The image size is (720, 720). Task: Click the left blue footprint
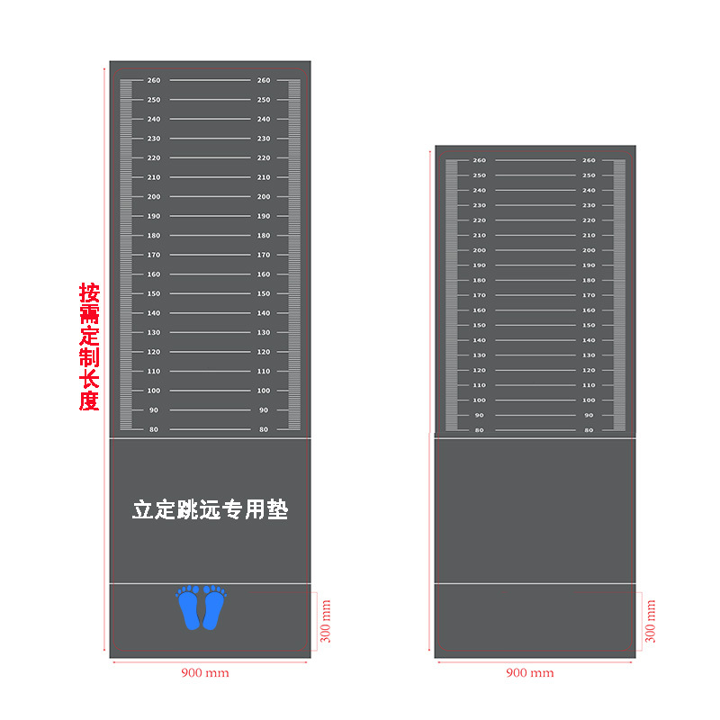(x=189, y=608)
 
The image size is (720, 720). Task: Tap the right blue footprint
(x=213, y=608)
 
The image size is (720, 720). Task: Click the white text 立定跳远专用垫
(x=211, y=509)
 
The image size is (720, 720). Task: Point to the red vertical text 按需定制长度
(x=88, y=346)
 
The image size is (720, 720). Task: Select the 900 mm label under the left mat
(x=205, y=672)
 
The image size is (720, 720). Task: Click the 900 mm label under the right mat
(x=529, y=672)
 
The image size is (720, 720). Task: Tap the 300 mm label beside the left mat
(x=326, y=621)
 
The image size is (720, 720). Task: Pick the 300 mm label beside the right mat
(x=650, y=621)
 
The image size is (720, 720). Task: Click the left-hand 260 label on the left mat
(x=154, y=81)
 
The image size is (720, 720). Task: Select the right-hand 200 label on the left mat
(x=264, y=197)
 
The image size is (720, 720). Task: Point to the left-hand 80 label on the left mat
(x=154, y=429)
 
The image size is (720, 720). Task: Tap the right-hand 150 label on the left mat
(x=264, y=294)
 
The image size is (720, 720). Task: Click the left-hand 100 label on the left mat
(x=154, y=391)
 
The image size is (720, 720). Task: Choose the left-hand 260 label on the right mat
(x=479, y=160)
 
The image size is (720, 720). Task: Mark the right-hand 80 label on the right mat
(x=589, y=430)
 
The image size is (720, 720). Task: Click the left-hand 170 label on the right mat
(x=479, y=295)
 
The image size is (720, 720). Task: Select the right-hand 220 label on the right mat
(x=589, y=220)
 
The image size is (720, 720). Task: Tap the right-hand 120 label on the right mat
(x=589, y=370)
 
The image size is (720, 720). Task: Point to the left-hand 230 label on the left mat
(x=154, y=139)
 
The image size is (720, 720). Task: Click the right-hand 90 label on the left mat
(x=264, y=410)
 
